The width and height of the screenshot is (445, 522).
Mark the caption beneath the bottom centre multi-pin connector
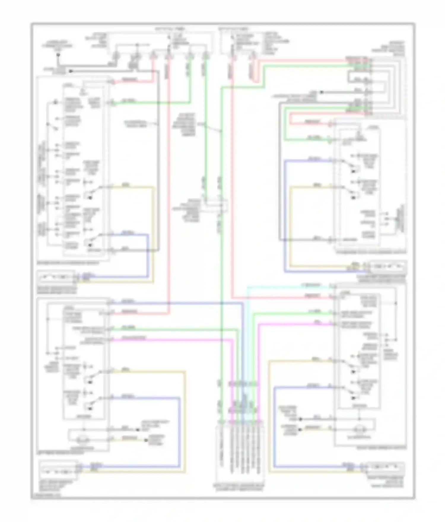240,487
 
